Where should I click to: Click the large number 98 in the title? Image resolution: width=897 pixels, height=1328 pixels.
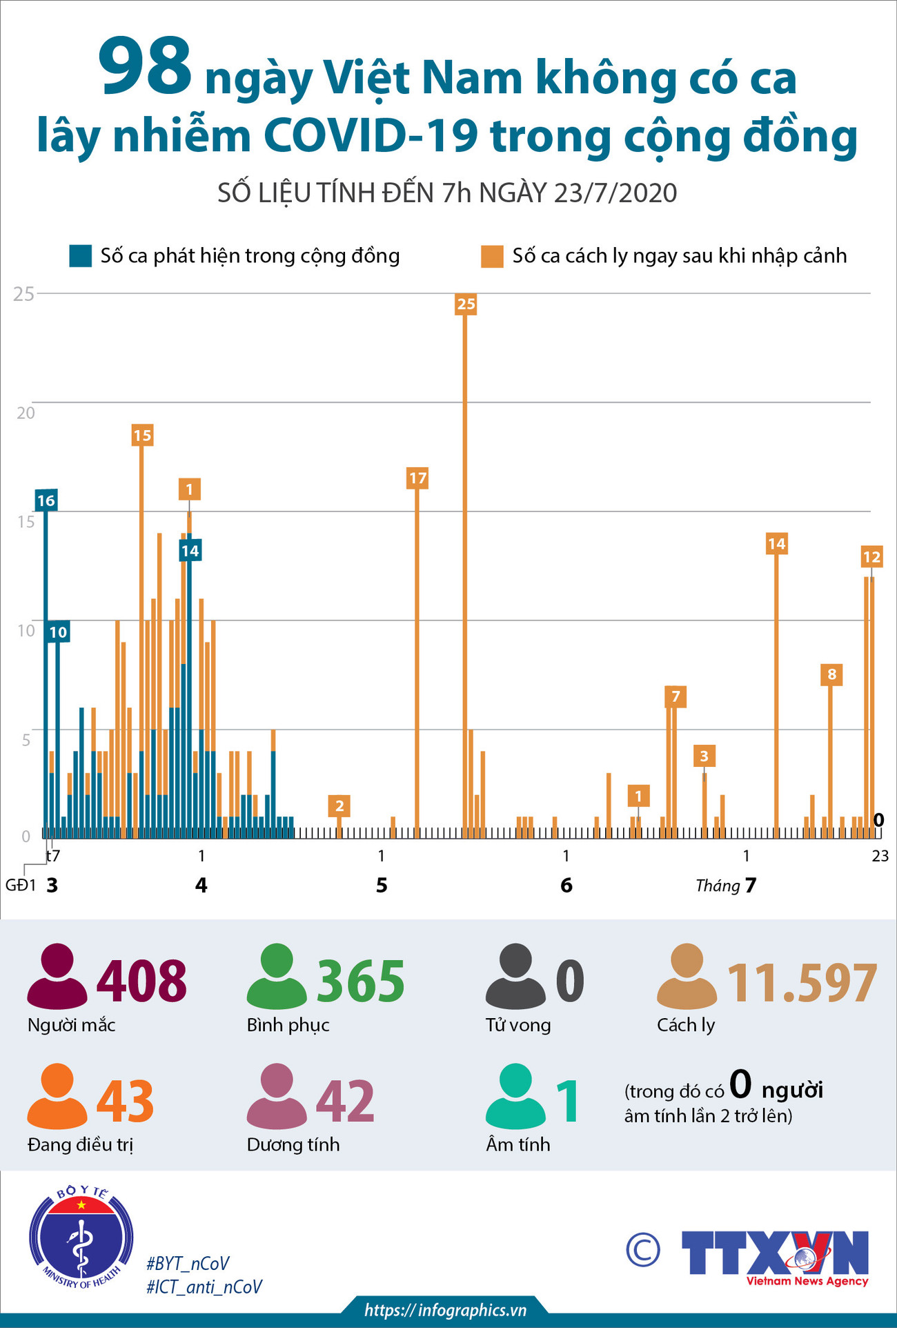144,68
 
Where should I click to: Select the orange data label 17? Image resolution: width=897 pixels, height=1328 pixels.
417,478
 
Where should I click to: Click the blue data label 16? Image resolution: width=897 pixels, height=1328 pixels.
46,500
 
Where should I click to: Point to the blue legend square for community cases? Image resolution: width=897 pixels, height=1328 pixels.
80,256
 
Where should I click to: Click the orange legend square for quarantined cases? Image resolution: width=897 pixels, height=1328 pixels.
492,256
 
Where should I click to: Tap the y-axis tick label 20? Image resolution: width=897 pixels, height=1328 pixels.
26,413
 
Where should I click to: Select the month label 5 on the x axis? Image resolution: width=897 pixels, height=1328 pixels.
382,886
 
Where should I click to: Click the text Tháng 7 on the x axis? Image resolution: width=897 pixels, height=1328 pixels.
726,886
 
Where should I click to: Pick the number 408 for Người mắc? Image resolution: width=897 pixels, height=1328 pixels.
141,981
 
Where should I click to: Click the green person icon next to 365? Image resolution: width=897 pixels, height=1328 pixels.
277,976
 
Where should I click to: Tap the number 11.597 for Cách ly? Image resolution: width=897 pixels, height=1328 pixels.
802,983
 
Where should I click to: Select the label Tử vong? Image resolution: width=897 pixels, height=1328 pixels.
517,1025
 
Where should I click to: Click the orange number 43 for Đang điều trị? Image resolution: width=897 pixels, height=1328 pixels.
125,1101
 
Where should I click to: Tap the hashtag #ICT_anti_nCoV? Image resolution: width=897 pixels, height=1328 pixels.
204,1287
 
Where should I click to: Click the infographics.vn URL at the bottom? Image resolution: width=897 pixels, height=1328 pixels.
445,1310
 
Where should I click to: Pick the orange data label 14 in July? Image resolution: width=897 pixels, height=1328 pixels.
776,544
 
